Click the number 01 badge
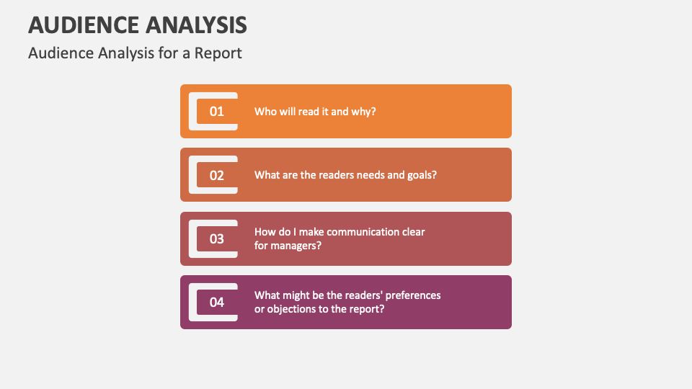point(217,111)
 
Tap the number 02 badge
point(217,175)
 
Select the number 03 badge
point(217,238)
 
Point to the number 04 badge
point(217,302)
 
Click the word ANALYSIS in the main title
point(196,24)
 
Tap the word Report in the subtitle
point(218,53)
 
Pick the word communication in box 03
point(363,232)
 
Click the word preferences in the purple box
point(413,295)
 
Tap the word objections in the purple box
point(292,309)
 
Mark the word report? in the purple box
point(367,309)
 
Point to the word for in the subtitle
point(168,53)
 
